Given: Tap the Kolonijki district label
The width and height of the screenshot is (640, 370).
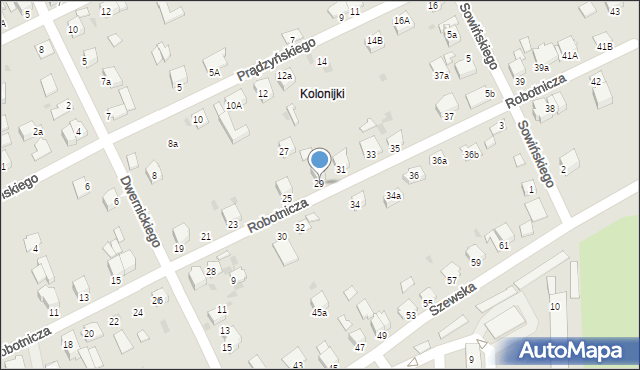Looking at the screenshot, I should coord(322,93).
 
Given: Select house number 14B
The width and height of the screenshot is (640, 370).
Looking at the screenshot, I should coord(374,41).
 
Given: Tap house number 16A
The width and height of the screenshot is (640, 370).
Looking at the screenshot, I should coord(401,20).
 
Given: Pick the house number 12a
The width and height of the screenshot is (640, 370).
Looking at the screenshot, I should coord(285,76).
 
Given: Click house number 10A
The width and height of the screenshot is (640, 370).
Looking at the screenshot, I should coord(234,105).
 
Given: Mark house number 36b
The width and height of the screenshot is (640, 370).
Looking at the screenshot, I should coord(471,154).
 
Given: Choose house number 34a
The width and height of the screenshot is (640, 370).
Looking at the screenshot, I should coord(393,196).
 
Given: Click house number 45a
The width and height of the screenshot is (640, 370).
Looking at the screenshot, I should coord(319,313).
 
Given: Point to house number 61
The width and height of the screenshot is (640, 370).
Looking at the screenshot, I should coord(503,245).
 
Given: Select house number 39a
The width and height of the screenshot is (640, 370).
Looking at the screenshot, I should coord(541,67).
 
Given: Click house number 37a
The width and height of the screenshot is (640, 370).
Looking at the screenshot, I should coord(441,76).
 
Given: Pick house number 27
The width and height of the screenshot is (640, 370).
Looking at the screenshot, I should coord(284,151).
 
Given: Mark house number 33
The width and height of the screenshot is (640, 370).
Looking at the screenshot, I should coord(370,154).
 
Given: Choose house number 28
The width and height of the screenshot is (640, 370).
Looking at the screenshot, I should coord(211,272).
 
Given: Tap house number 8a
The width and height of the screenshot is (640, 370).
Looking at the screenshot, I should coord(173,144).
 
